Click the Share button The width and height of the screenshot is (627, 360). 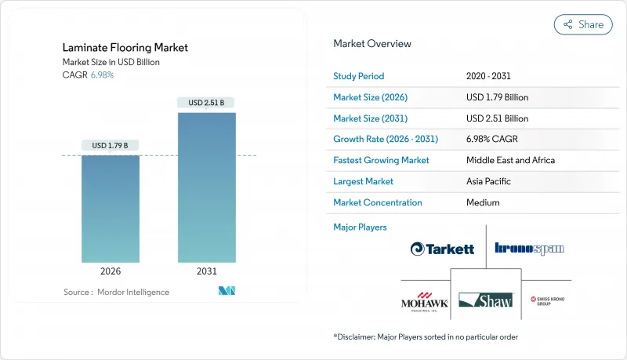(x=582, y=24)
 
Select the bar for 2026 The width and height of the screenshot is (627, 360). (x=111, y=209)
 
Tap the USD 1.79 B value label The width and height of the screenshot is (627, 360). (x=111, y=145)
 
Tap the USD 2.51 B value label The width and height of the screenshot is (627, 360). (x=206, y=102)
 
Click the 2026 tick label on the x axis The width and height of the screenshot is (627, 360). (x=111, y=271)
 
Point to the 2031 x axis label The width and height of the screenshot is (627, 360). (x=206, y=271)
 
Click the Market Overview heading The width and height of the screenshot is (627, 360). (x=372, y=43)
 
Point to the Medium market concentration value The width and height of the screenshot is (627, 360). (x=482, y=202)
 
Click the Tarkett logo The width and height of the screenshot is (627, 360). (x=442, y=249)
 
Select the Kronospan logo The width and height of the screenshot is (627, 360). (x=530, y=249)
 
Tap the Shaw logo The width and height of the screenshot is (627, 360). (x=486, y=300)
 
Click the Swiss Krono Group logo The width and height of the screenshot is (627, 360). (x=547, y=300)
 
